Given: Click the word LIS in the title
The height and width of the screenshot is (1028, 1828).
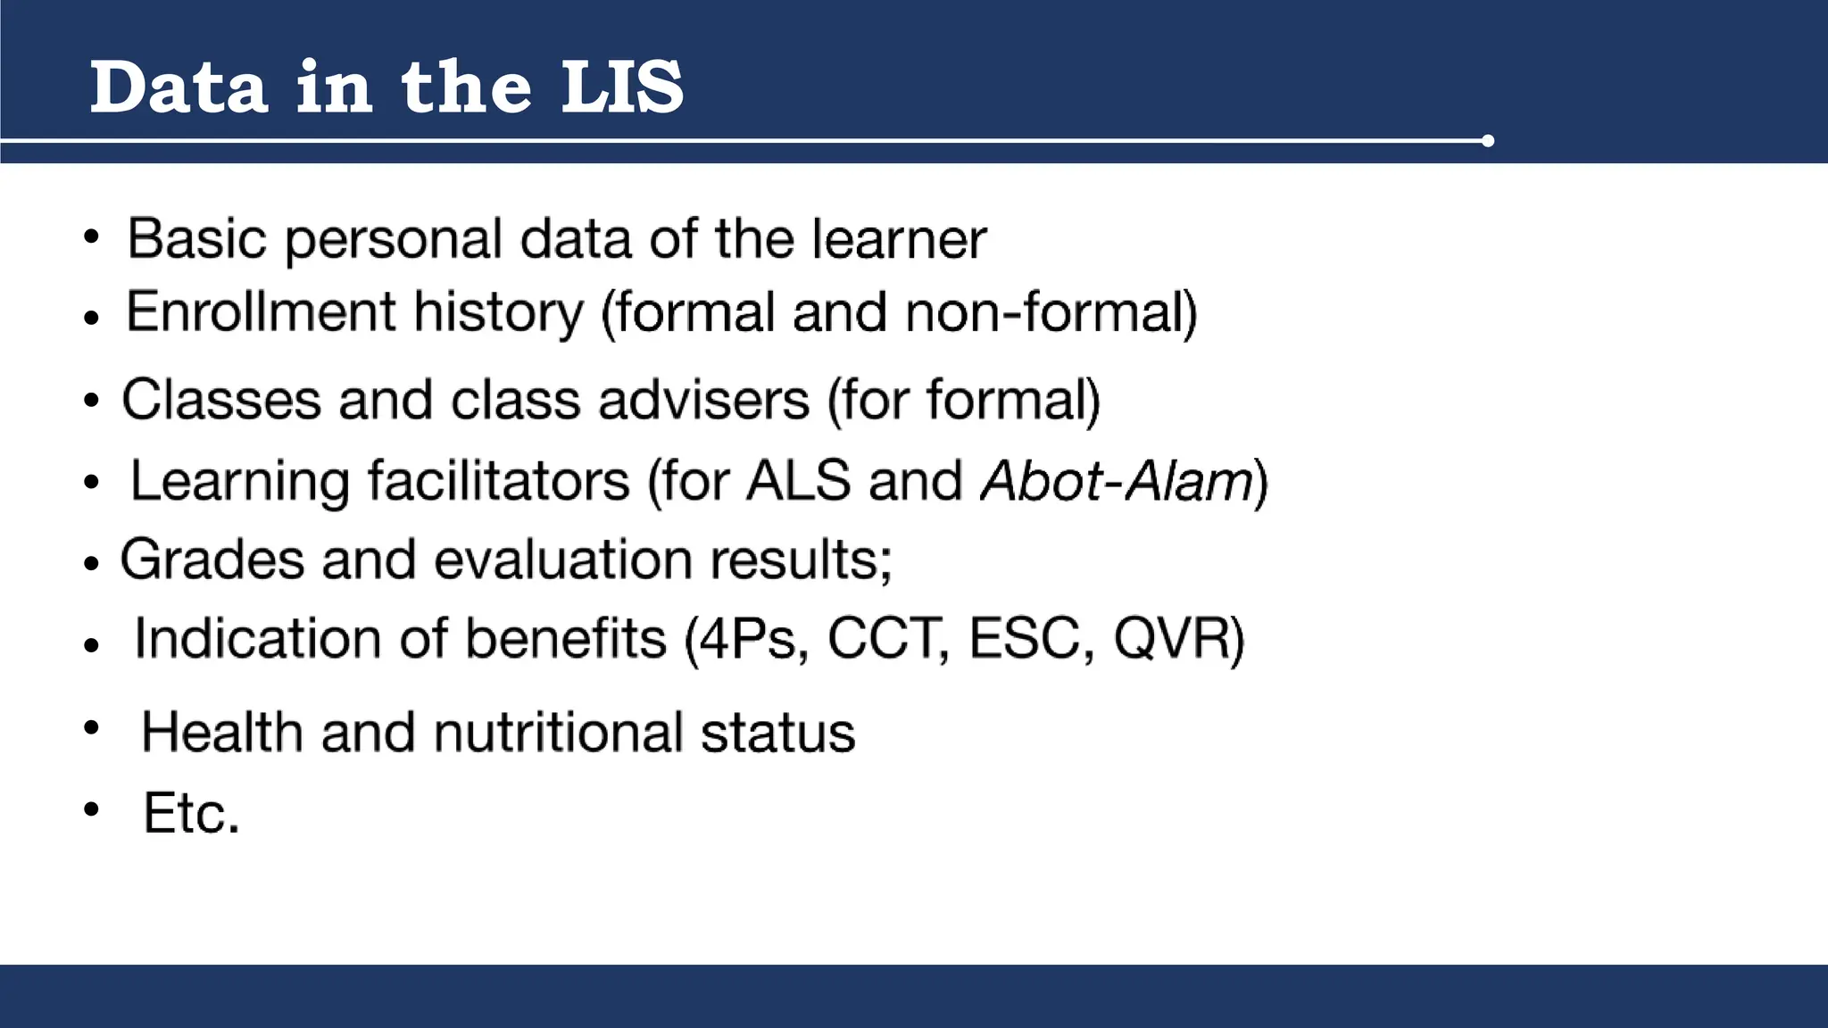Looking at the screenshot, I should coord(622,87).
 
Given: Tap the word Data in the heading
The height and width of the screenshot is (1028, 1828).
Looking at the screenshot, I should coord(179,87).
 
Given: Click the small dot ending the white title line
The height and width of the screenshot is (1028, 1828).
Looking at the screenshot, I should coord(1487,141).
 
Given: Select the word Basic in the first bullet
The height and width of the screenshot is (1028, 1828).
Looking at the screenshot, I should coord(196,239).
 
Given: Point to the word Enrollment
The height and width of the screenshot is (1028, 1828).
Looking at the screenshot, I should coord(261,312).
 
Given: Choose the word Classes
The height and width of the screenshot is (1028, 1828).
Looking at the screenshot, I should coord(220,399).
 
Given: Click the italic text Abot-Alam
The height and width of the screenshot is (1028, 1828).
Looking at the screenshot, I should coord(1118,481).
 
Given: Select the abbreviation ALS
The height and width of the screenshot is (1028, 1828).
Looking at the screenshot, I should coord(798,481).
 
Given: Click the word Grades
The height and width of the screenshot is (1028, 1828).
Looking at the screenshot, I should coord(212,560).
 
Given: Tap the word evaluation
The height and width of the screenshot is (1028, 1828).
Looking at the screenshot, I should coord(563,560).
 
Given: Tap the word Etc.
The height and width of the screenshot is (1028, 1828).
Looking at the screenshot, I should coord(191,813).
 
